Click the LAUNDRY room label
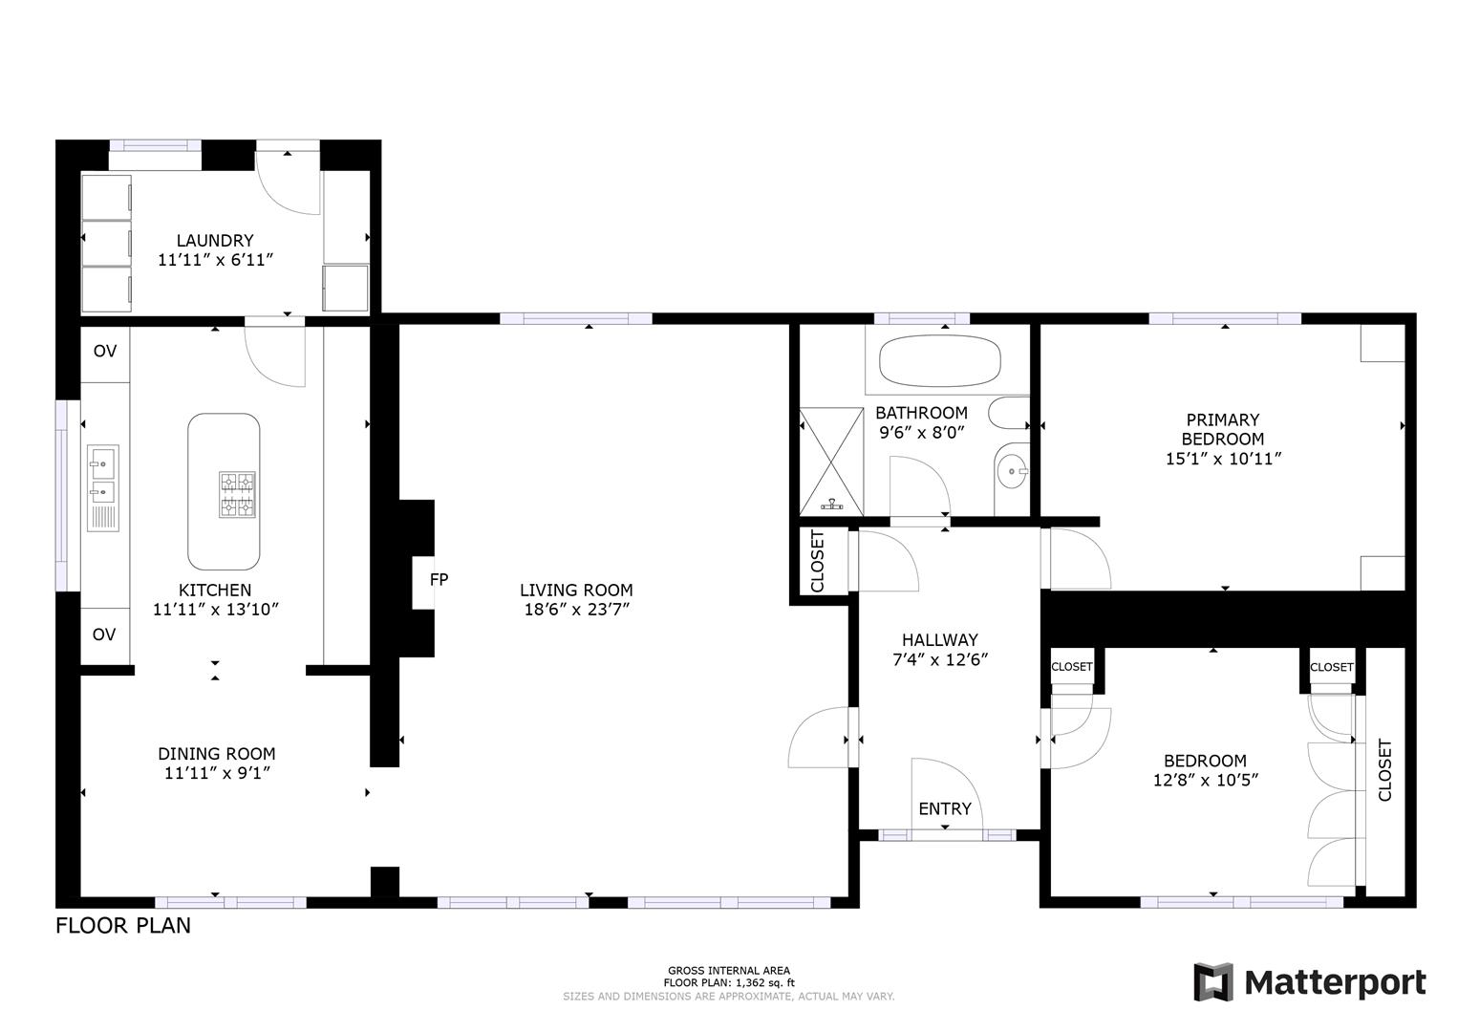(215, 241)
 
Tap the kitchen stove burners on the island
(238, 494)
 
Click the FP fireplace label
(439, 579)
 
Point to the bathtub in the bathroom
(939, 360)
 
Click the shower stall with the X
(831, 461)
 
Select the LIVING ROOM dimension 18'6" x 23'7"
(576, 610)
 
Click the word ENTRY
(944, 808)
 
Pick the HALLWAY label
(940, 640)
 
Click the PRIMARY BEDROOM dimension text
(1223, 459)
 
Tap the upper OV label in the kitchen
(105, 351)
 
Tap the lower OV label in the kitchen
(104, 634)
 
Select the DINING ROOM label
(217, 754)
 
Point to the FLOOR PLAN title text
(123, 925)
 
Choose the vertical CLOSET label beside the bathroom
(818, 561)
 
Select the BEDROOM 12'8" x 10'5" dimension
(1205, 780)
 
